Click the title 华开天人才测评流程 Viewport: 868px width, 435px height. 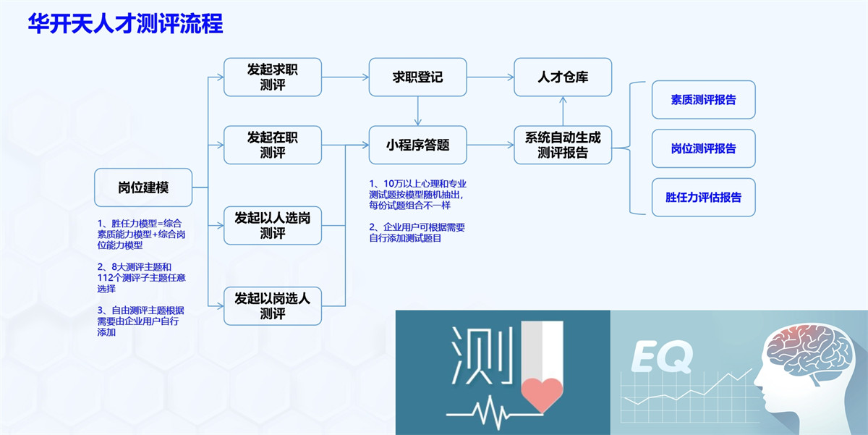(125, 23)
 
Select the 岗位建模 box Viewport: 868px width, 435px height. (143, 187)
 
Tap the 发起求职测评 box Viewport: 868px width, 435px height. (273, 77)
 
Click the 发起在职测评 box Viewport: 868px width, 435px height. (273, 145)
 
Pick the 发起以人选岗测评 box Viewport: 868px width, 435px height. (273, 225)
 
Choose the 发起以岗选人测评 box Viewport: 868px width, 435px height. (273, 306)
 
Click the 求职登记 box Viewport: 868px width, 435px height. (417, 77)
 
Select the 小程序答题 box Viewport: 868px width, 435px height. (417, 145)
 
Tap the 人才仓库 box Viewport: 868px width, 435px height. (563, 77)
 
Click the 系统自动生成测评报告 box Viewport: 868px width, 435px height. (563, 145)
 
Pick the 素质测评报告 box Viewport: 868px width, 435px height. (703, 100)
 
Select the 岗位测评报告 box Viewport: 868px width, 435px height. (703, 148)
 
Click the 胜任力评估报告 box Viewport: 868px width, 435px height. (703, 197)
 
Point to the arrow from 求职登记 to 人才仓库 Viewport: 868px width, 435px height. (490, 77)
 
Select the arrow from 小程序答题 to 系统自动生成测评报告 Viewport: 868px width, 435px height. (490, 145)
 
